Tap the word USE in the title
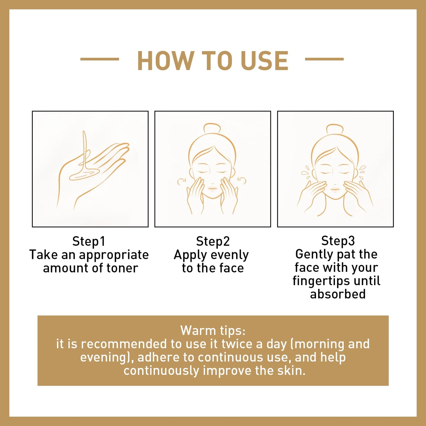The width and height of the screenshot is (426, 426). [x=264, y=61]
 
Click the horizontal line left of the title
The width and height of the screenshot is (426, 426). [x=100, y=59]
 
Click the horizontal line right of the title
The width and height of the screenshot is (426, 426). [x=324, y=59]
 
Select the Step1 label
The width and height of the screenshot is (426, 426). [x=89, y=241]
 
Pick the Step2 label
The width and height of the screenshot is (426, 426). [x=213, y=241]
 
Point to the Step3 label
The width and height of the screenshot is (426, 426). [x=338, y=241]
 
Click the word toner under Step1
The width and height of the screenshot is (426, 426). [x=122, y=268]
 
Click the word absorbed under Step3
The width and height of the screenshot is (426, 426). [x=338, y=294]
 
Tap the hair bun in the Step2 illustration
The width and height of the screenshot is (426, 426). [x=212, y=129]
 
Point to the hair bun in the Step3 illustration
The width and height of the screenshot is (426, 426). [x=335, y=129]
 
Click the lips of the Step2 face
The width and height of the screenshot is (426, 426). [x=212, y=188]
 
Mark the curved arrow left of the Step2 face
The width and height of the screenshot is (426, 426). [x=180, y=181]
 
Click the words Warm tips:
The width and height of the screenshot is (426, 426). [x=213, y=330]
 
